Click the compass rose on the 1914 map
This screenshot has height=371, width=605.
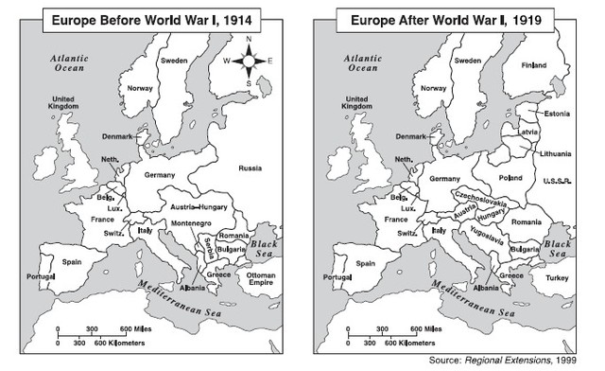click(x=249, y=62)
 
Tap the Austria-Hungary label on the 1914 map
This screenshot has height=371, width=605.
click(x=198, y=205)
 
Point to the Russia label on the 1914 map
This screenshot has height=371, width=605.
click(x=251, y=168)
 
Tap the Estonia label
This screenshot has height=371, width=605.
click(x=555, y=114)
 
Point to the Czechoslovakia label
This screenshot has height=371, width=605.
click(x=481, y=200)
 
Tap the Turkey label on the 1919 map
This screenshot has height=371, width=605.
click(x=557, y=277)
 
